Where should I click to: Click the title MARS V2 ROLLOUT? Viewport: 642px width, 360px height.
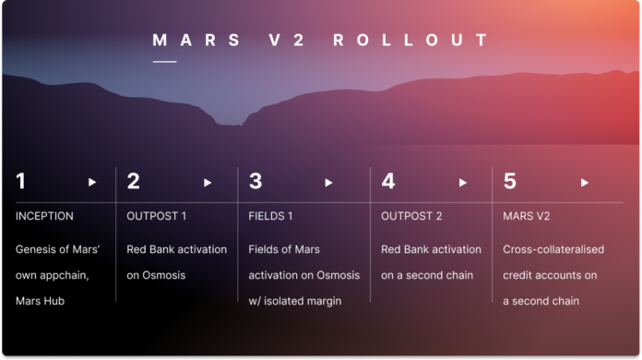pyautogui.click(x=320, y=41)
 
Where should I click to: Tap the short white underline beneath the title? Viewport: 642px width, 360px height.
pyautogui.click(x=164, y=62)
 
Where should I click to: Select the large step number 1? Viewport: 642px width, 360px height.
pyautogui.click(x=21, y=182)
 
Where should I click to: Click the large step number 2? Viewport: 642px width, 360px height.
pyautogui.click(x=134, y=182)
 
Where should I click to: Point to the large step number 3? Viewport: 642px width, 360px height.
pyautogui.click(x=256, y=182)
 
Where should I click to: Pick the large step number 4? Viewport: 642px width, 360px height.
pyautogui.click(x=388, y=182)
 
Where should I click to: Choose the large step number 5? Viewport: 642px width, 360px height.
pyautogui.click(x=510, y=182)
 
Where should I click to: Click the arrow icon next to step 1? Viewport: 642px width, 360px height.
pyautogui.click(x=92, y=183)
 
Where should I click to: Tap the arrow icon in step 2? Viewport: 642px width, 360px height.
pyautogui.click(x=208, y=183)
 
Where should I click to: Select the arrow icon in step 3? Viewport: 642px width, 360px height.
pyautogui.click(x=329, y=183)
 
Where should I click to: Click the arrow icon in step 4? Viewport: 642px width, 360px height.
pyautogui.click(x=462, y=183)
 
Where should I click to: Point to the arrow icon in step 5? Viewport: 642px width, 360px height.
pyautogui.click(x=584, y=183)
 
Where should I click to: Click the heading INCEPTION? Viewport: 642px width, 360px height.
pyautogui.click(x=44, y=216)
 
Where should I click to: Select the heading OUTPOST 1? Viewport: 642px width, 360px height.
pyautogui.click(x=157, y=216)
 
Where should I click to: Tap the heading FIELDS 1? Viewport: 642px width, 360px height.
pyautogui.click(x=274, y=216)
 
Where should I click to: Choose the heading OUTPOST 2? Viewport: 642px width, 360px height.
pyautogui.click(x=412, y=216)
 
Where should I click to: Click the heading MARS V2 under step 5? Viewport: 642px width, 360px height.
pyautogui.click(x=528, y=216)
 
